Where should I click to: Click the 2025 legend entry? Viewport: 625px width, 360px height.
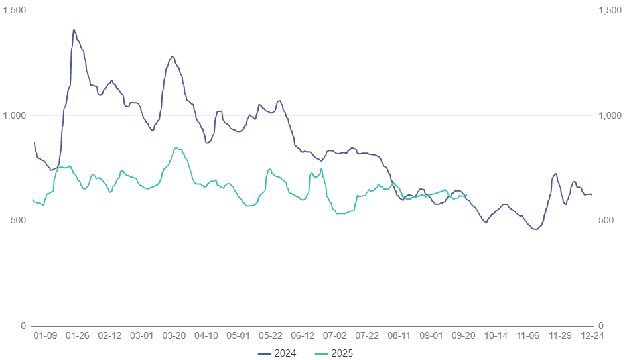(x=334, y=353)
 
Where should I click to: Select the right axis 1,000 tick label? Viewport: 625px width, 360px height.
(x=610, y=116)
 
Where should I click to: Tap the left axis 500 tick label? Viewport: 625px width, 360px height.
(x=19, y=221)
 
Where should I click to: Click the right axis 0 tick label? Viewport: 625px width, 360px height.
(x=600, y=326)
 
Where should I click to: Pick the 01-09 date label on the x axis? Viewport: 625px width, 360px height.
(x=45, y=336)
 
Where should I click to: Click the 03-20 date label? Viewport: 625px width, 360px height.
(x=174, y=336)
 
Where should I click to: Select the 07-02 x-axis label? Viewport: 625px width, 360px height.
(x=334, y=336)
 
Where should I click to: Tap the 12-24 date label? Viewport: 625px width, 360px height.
(x=592, y=336)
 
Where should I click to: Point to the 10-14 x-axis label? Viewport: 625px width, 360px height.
(x=496, y=336)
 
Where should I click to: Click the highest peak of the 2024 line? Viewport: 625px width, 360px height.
(x=74, y=29)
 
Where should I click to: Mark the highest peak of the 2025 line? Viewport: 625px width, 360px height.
(x=176, y=148)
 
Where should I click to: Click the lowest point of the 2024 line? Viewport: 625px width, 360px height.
(x=535, y=229)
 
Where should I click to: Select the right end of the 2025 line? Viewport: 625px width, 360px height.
(x=466, y=195)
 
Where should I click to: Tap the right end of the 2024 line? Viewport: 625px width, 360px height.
(x=592, y=194)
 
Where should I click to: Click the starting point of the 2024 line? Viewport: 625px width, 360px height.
(x=34, y=143)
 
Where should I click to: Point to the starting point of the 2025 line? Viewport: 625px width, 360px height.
(x=33, y=200)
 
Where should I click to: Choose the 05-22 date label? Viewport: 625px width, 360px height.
(x=270, y=336)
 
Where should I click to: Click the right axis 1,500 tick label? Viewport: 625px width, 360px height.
(x=610, y=11)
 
